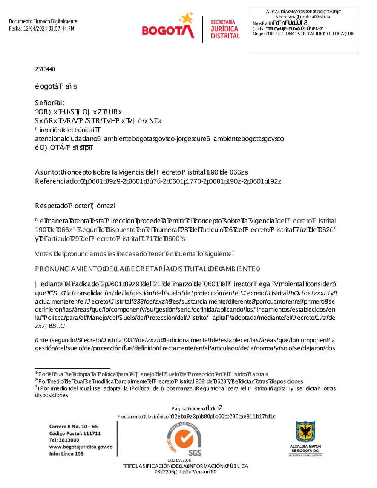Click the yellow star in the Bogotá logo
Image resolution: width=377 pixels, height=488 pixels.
(186, 18)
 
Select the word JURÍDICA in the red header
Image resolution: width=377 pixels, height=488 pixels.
(224, 29)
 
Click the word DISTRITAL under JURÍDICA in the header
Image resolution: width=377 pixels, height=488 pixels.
(225, 36)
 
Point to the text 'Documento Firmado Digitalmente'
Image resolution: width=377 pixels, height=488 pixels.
(43, 21)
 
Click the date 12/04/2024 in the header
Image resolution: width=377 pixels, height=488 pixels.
(35, 29)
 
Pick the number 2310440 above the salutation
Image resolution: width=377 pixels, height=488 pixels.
(45, 69)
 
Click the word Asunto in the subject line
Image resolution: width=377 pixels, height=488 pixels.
(47, 172)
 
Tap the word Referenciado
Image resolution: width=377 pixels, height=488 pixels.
(57, 181)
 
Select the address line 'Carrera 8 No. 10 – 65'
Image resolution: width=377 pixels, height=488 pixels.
(73, 427)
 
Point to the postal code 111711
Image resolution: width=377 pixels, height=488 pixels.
(92, 433)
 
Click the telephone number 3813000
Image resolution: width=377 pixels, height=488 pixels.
(69, 440)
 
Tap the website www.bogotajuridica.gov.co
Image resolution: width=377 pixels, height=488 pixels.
(81, 447)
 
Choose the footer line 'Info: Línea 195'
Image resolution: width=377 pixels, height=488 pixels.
(66, 454)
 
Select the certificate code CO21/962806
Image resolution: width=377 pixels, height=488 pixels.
(179, 460)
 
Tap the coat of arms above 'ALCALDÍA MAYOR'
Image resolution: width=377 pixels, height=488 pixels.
(305, 432)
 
